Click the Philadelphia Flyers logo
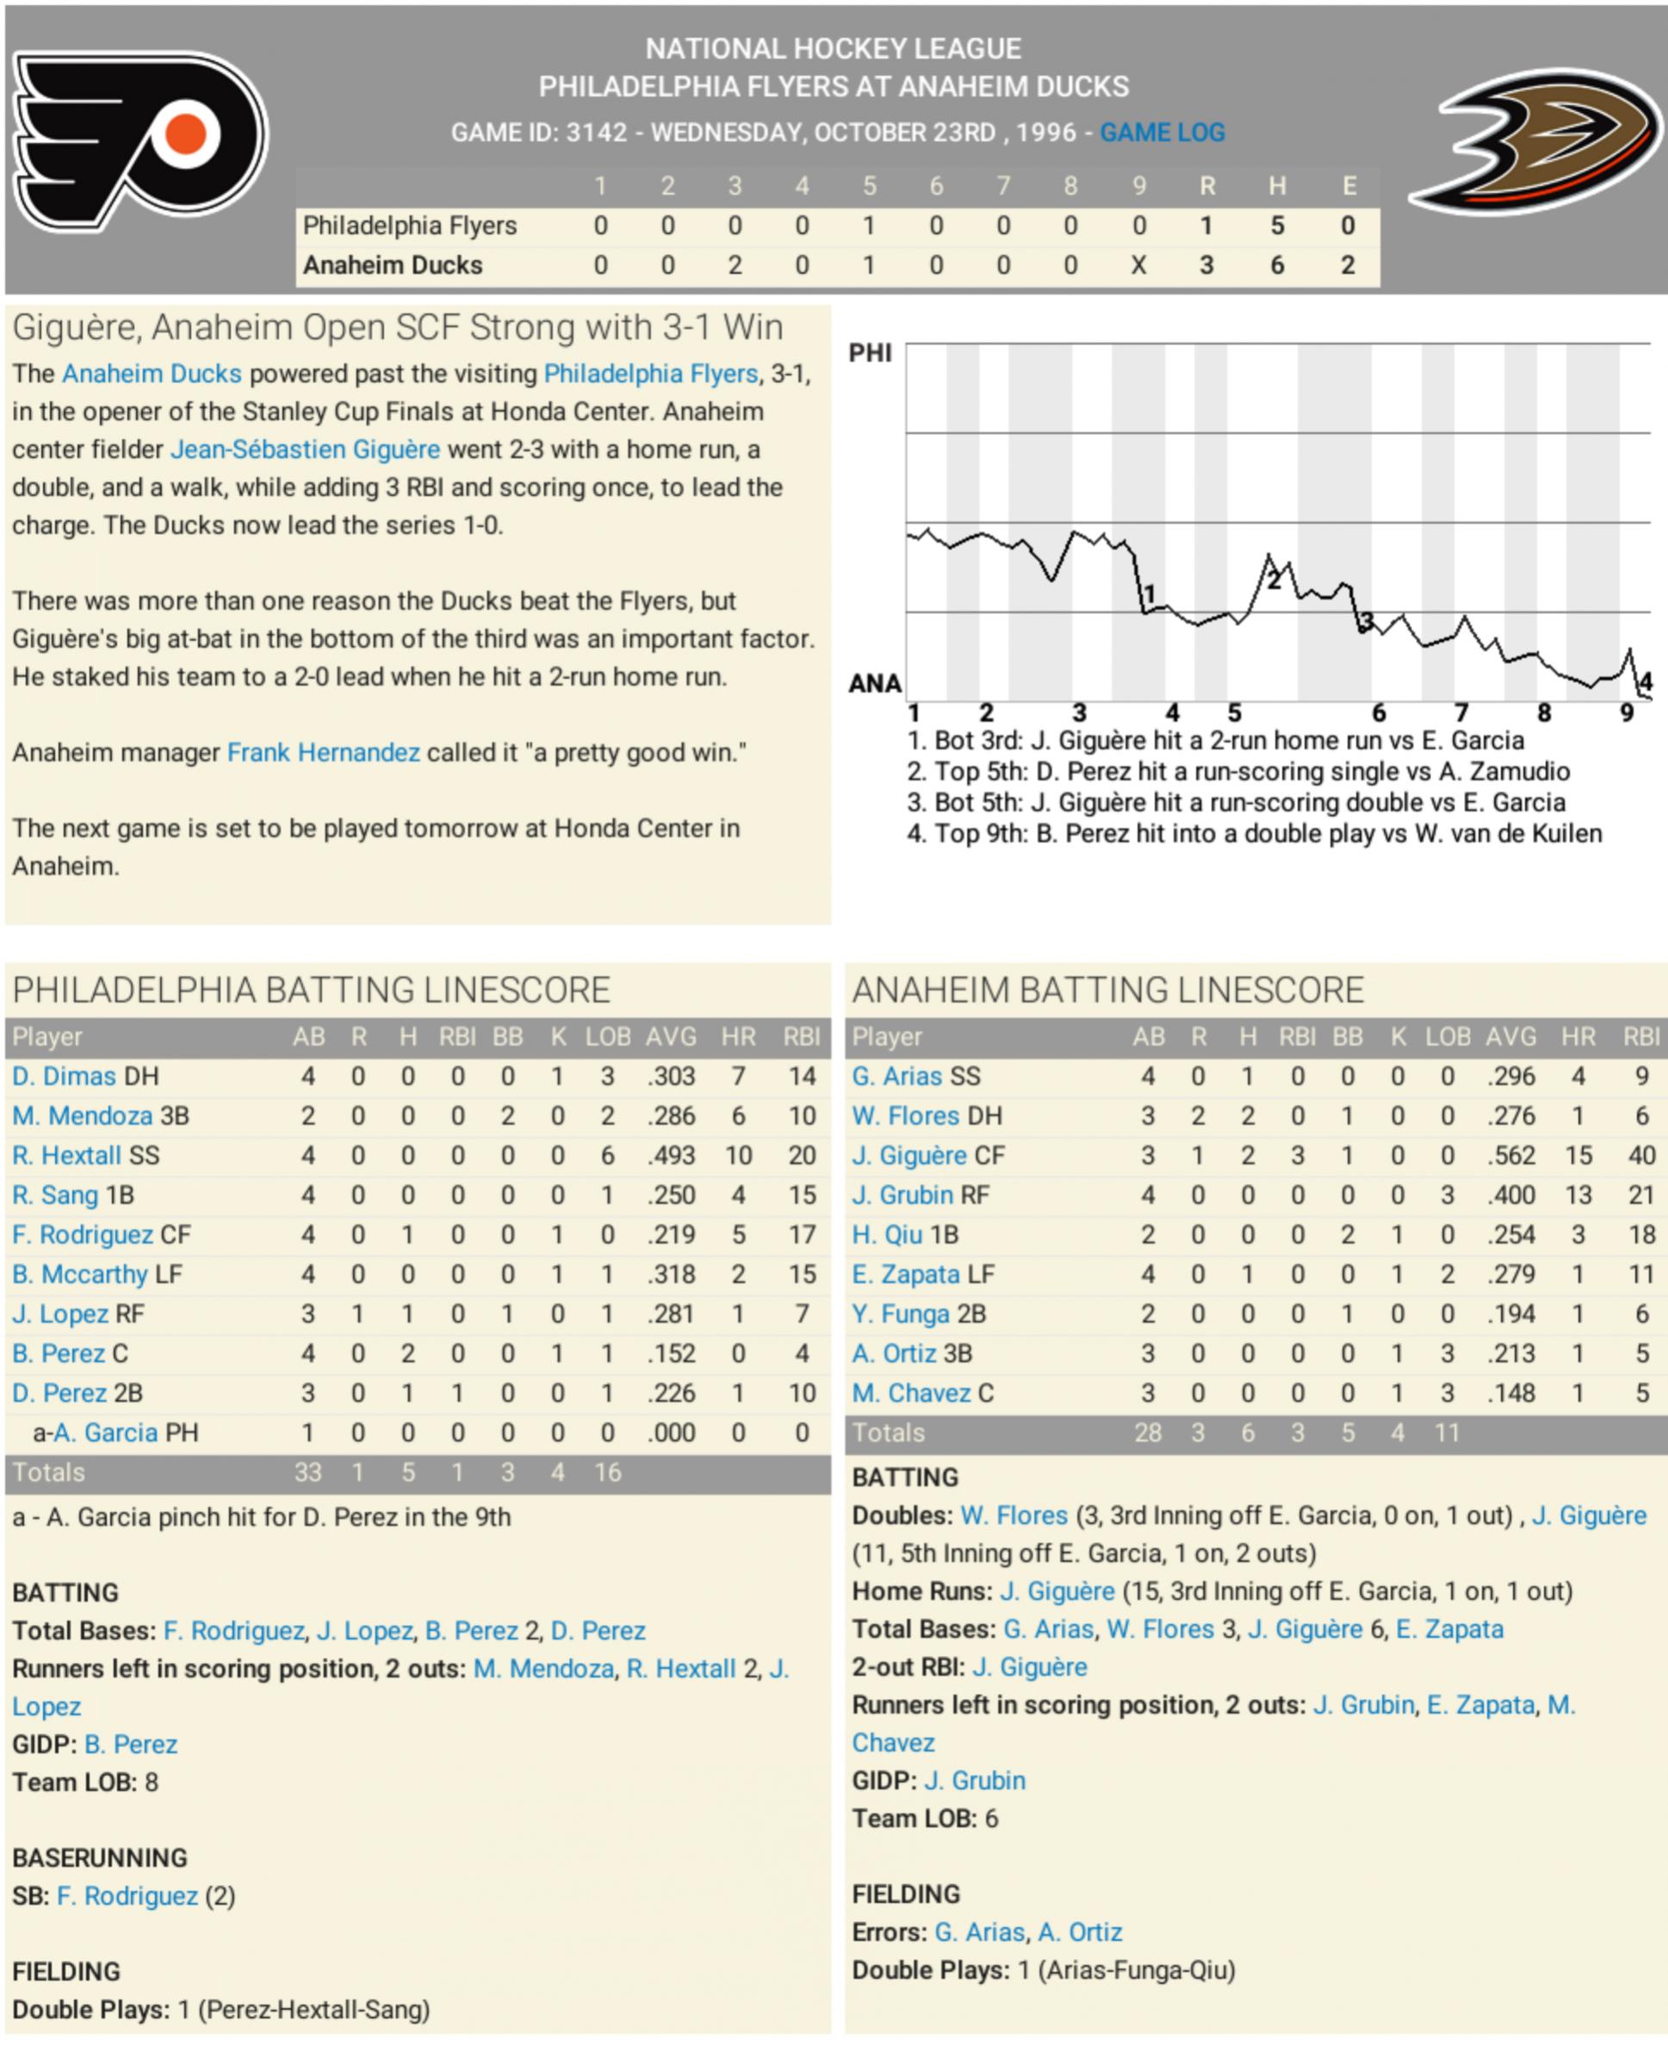coord(140,141)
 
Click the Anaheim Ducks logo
coord(1536,141)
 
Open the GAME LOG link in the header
coord(1162,133)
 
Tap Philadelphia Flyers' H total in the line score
coord(1276,226)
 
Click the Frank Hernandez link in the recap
coord(323,752)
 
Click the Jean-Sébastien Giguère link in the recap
coord(306,450)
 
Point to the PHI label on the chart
coord(870,354)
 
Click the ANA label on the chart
coord(874,683)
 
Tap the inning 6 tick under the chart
coord(1378,713)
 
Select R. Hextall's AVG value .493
coord(670,1155)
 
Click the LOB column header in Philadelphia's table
coord(607,1037)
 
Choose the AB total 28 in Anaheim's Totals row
coord(1147,1433)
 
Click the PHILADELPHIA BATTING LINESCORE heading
coord(312,990)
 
